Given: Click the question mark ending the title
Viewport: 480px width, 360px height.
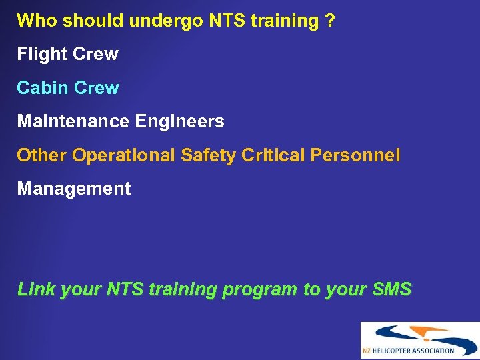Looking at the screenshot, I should (330, 21).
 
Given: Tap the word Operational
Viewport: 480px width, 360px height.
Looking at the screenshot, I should (124, 156).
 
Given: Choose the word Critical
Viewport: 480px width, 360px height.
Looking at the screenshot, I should (273, 155).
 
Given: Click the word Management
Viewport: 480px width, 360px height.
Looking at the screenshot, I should (74, 189).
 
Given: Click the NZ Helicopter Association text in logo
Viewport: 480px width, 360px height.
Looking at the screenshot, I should (409, 351).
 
